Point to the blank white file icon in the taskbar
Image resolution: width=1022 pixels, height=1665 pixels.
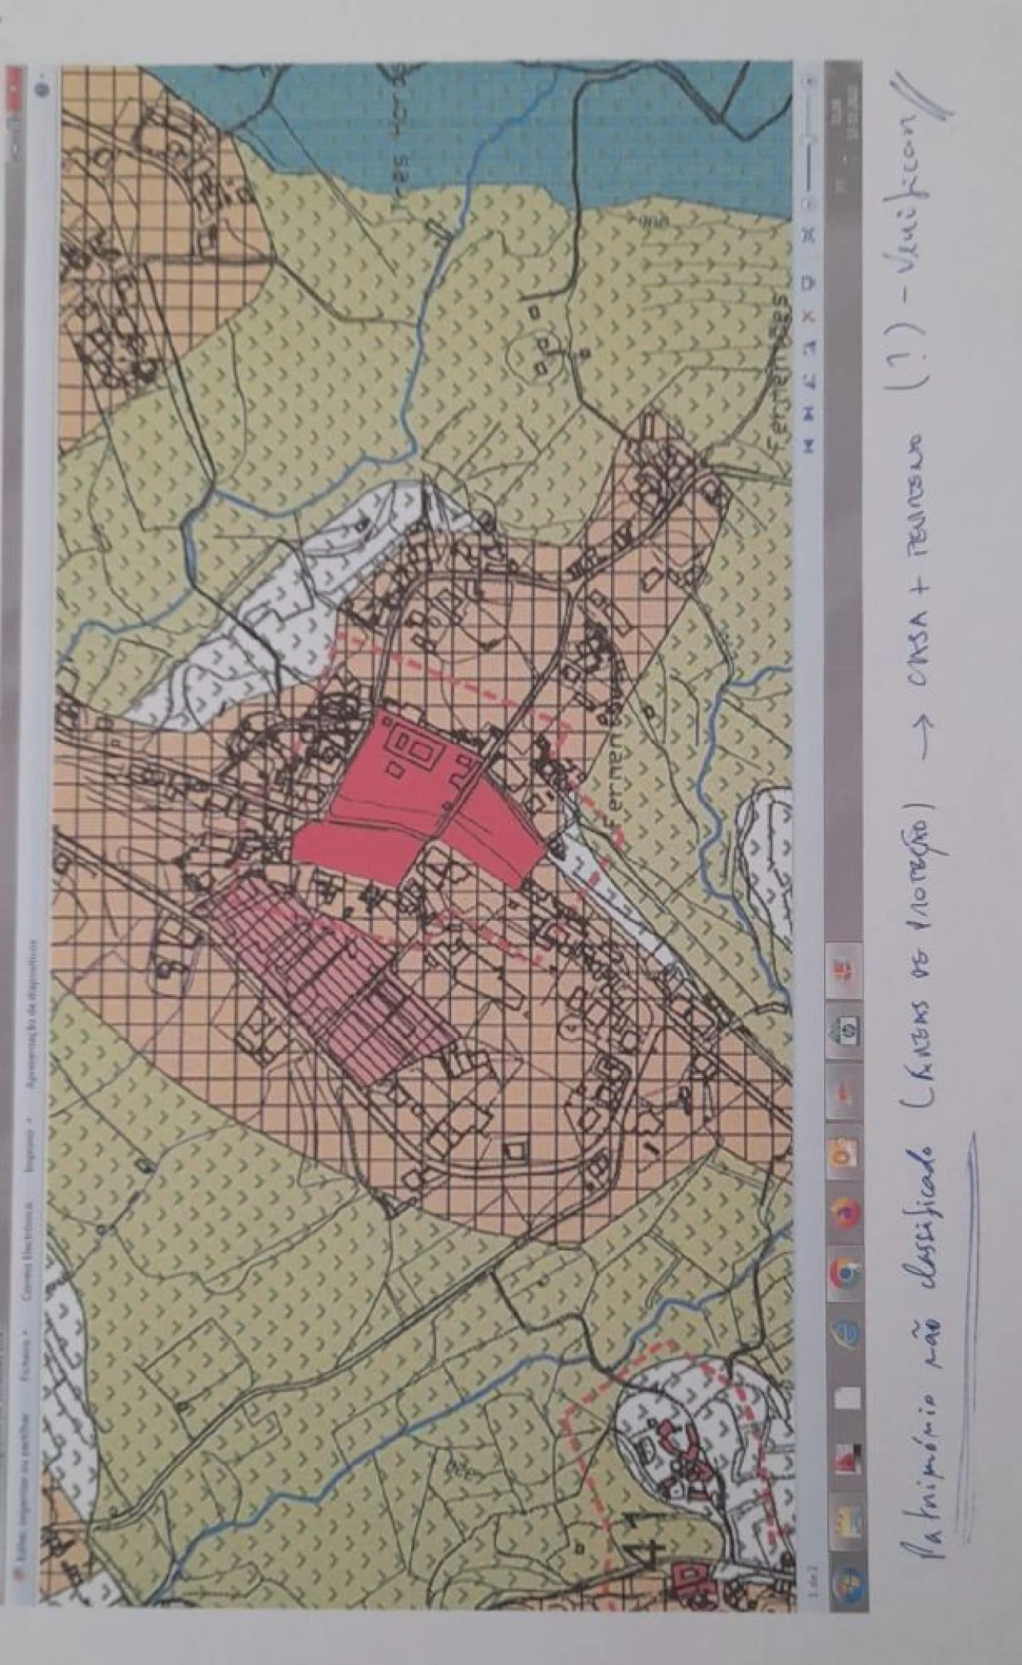pos(845,1397)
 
